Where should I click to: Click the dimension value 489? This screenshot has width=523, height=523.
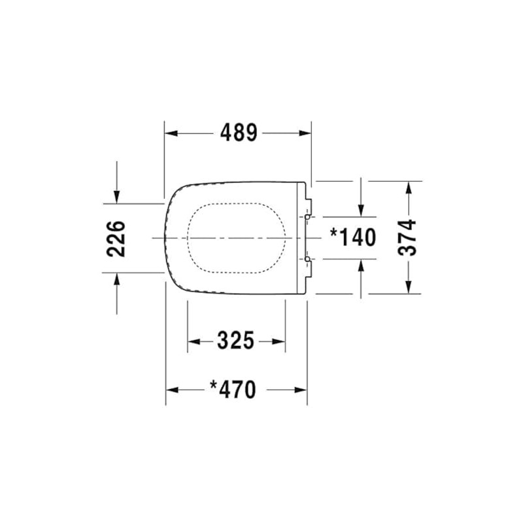pos(238,133)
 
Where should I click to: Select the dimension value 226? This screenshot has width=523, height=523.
pos(116,238)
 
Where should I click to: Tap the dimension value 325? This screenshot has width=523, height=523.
pos(235,341)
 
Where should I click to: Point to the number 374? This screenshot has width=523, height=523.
pos(408,237)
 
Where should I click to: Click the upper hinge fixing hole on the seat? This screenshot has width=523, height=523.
pos(307,216)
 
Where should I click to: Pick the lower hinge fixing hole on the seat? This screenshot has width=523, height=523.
pos(307,260)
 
